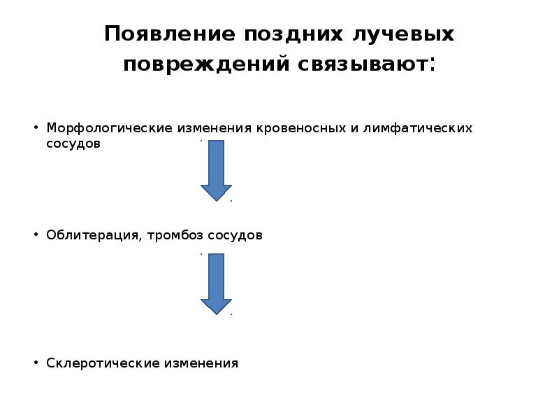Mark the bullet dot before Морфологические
coord(35,129)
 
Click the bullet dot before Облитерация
coord(35,235)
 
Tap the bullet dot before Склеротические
coord(35,363)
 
